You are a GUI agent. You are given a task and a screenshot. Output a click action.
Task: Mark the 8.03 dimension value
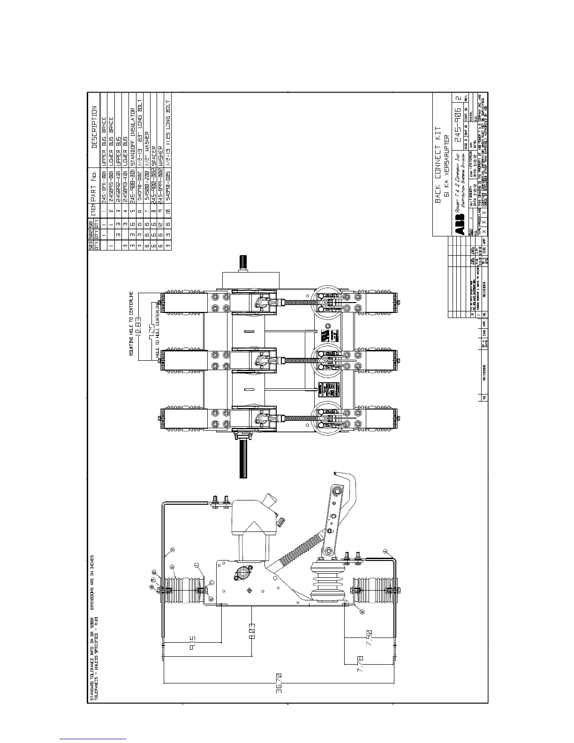point(252,631)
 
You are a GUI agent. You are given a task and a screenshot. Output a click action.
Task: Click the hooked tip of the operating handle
point(336,473)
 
